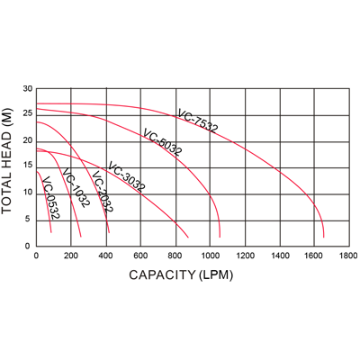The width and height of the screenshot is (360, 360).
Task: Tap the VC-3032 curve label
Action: coord(126,177)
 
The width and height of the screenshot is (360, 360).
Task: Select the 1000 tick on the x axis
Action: coord(209,256)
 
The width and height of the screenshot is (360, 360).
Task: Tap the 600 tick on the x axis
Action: coord(139,256)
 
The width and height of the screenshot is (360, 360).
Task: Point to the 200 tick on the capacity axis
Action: coord(70,256)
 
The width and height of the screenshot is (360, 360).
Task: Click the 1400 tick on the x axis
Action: coord(278,256)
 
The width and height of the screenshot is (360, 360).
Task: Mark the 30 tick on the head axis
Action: coord(27,88)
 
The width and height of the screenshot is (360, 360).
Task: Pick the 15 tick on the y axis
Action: coord(27,166)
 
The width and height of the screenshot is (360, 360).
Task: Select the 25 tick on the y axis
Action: coord(27,114)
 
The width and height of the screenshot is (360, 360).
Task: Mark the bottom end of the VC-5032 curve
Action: coord(218,235)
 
